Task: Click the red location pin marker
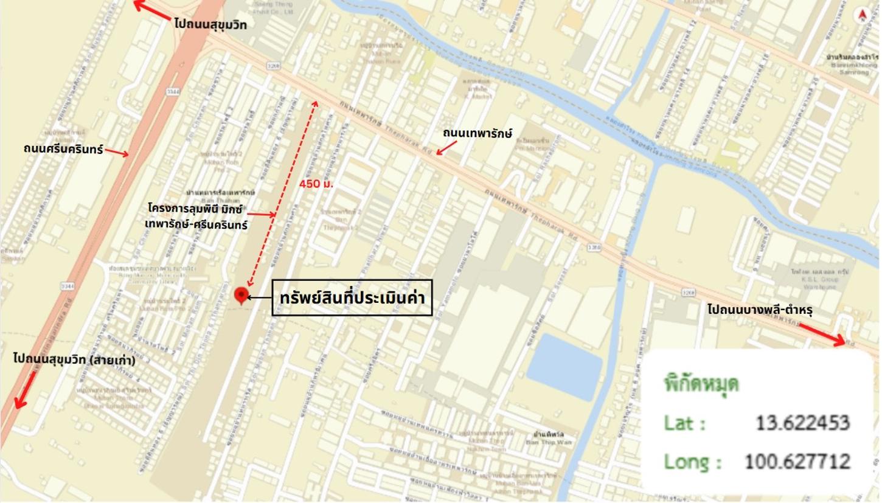click(241, 295)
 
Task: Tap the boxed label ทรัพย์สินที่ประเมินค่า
click(352, 298)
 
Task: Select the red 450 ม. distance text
click(316, 183)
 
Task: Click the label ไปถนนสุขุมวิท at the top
click(210, 24)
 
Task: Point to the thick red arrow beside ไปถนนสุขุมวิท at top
click(151, 10)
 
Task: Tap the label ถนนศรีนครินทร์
click(63, 149)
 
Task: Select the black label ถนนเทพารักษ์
click(477, 133)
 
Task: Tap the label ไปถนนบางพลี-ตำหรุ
click(760, 310)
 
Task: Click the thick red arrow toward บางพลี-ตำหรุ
click(822, 334)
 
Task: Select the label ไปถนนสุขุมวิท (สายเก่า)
click(74, 359)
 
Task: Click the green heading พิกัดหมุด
click(701, 385)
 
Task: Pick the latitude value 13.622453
click(802, 423)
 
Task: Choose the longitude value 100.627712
click(797, 462)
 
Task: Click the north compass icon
click(862, 15)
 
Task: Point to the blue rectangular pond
click(564, 366)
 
